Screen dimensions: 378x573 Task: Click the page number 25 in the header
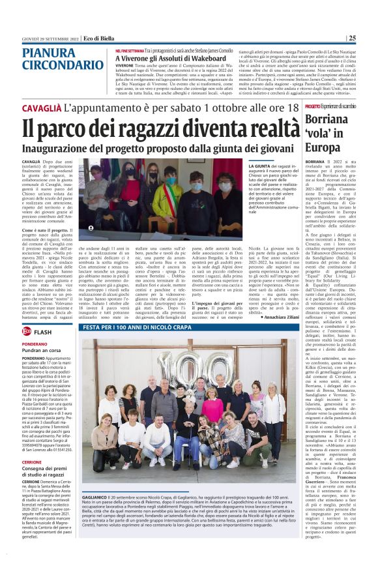click(x=369, y=38)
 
